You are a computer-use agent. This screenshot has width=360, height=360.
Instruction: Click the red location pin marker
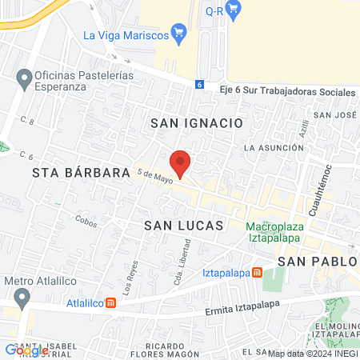[x=181, y=163]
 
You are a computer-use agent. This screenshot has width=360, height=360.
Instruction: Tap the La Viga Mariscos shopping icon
[x=179, y=34]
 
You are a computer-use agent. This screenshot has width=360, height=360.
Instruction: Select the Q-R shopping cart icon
[x=234, y=10]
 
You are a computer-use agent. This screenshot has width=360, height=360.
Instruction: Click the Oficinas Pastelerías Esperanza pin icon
[x=22, y=78]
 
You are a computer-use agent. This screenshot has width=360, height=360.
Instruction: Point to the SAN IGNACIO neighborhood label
[x=196, y=123]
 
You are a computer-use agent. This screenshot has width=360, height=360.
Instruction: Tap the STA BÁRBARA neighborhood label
[x=81, y=173]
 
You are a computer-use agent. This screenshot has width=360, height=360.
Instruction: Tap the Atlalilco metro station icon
[x=111, y=303]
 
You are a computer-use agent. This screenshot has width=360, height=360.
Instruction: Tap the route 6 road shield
[x=199, y=84]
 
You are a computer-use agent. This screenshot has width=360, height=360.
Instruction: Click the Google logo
[x=26, y=350]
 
